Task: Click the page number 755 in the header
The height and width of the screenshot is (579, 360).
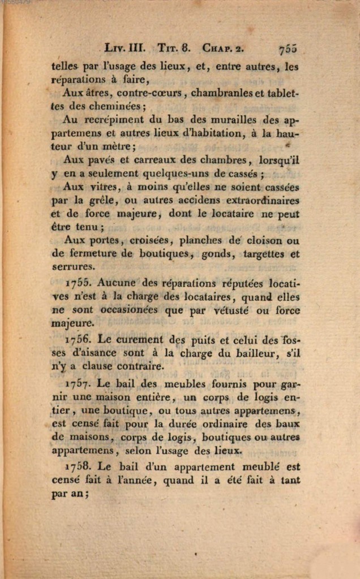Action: click(x=288, y=49)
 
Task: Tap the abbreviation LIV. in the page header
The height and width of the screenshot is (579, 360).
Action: click(x=117, y=49)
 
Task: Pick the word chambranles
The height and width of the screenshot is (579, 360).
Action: click(x=217, y=93)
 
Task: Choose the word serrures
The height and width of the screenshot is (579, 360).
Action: click(x=74, y=266)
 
